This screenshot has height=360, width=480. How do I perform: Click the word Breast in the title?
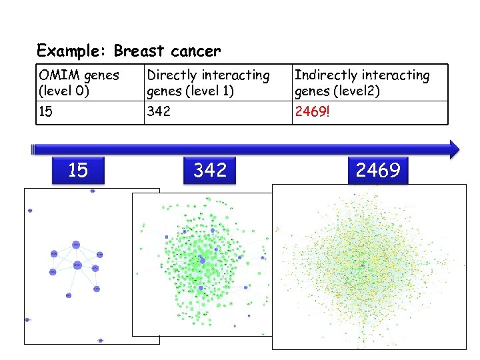pos(137,51)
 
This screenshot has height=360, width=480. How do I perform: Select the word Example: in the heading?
pos(73,51)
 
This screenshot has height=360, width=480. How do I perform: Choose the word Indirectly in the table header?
pos(328,76)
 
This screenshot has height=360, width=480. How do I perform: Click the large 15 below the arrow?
pos(78,171)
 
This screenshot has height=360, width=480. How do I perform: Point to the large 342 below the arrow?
pos(210,171)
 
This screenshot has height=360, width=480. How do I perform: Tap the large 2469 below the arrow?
pos(377,171)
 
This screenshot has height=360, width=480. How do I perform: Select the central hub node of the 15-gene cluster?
pos(77,265)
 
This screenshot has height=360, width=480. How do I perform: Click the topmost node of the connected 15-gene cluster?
pos(75,245)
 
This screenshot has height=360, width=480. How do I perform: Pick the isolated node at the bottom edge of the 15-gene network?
pos(100,340)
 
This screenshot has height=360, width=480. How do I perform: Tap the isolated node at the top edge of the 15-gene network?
pos(92,191)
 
